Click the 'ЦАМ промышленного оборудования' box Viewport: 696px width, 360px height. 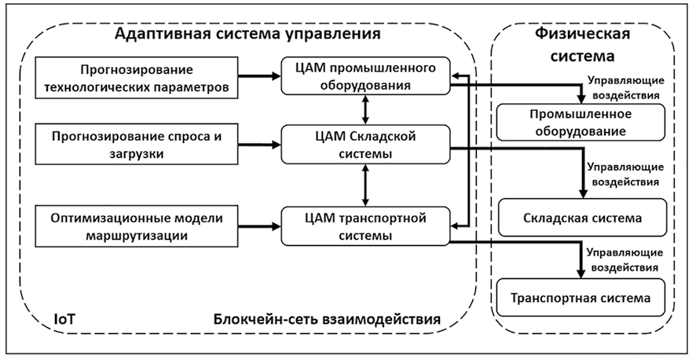(366, 75)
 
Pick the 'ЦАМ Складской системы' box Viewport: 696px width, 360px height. (366, 145)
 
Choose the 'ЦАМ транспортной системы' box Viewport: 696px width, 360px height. (366, 225)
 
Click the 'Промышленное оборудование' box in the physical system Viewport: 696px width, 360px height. (581, 123)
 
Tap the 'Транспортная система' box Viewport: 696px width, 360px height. (581, 299)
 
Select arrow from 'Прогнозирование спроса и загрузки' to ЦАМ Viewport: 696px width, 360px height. (260, 145)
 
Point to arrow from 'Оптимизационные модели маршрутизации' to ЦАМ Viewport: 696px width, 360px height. (260, 226)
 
